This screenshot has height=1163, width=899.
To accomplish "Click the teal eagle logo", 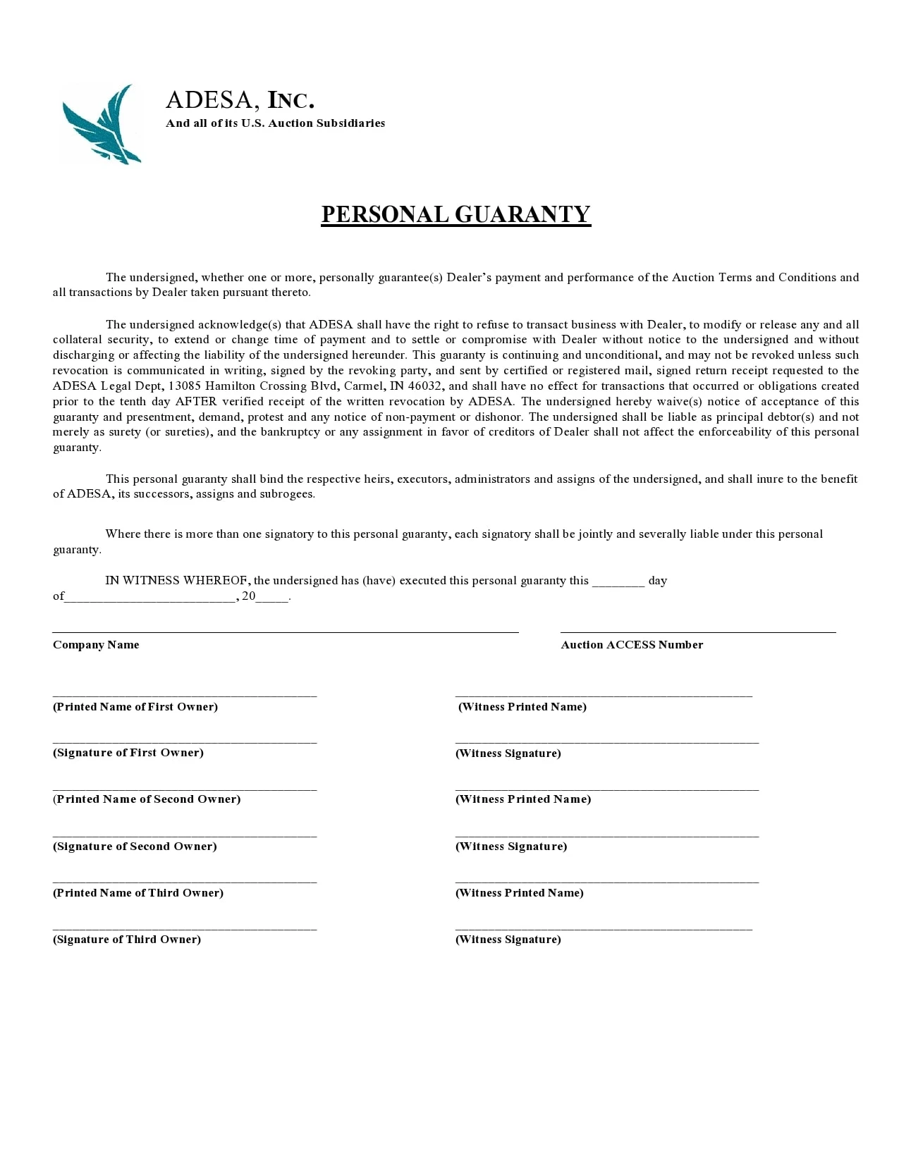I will (x=102, y=123).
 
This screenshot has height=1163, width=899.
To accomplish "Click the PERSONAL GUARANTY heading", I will (x=455, y=214).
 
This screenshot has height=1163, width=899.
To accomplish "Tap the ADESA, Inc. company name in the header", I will (x=240, y=100).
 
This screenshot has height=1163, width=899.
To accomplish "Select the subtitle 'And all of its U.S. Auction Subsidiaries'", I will (x=275, y=123).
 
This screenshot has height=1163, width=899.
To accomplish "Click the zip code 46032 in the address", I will (x=425, y=386).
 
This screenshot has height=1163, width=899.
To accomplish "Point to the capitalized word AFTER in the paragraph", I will (x=196, y=401).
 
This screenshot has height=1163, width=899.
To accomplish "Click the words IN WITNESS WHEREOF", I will (x=177, y=581).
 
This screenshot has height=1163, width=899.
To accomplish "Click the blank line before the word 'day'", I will (x=618, y=584).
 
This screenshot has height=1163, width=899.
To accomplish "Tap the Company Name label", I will (x=96, y=645).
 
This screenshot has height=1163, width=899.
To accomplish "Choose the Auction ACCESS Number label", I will (x=632, y=645).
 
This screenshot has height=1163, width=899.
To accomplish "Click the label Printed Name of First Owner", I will (x=135, y=707).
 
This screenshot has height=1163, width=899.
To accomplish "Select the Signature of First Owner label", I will (x=128, y=753).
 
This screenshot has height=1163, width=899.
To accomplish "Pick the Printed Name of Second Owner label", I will (x=147, y=799).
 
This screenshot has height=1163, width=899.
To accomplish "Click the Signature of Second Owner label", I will (x=135, y=847).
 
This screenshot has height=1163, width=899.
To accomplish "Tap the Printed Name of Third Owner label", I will (x=138, y=893).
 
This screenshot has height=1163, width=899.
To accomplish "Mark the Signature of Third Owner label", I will (x=127, y=940).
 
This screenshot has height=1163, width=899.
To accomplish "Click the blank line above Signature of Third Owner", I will (x=185, y=928).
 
